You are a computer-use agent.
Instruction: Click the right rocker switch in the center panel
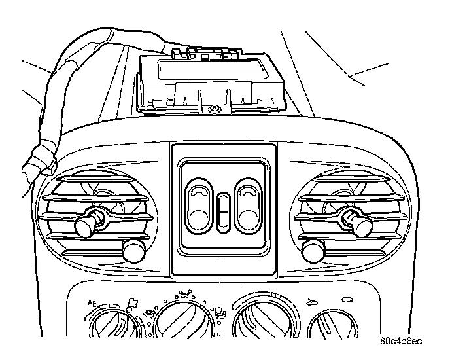click(x=249, y=206)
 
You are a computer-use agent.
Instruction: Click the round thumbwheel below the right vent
click(x=315, y=250)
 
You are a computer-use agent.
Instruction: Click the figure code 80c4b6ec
click(x=400, y=341)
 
